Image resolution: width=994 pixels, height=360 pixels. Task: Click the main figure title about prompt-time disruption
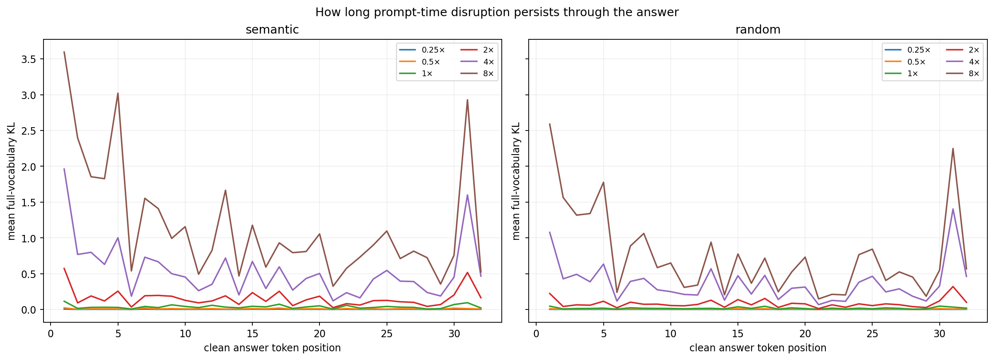[x=497, y=12]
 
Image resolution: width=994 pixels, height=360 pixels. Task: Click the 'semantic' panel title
[x=272, y=30]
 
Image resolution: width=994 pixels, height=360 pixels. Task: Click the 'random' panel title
[x=758, y=30]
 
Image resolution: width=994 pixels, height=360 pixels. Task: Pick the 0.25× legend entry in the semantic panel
[x=422, y=50]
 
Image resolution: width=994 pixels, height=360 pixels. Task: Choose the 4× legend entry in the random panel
[x=963, y=62]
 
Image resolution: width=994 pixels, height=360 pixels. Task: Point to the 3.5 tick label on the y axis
[x=29, y=59]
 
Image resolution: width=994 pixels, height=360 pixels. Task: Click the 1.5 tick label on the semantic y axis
[x=29, y=203]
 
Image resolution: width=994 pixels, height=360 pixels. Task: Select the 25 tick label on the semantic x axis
[x=387, y=334]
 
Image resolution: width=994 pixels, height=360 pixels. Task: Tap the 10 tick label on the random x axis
[x=670, y=334]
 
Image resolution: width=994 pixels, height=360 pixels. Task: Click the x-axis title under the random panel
[x=758, y=348]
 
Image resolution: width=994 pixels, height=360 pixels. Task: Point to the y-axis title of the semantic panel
[x=12, y=181]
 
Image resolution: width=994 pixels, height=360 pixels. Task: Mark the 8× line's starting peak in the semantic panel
[x=64, y=52]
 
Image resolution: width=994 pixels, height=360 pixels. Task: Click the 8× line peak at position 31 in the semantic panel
[x=467, y=100]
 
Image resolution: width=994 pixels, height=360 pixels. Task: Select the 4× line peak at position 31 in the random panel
[x=953, y=209]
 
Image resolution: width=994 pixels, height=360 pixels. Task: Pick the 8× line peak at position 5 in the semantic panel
[x=118, y=93]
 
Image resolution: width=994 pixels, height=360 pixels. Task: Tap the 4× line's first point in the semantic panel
[x=64, y=169]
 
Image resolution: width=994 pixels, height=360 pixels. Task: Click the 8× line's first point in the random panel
[x=550, y=124]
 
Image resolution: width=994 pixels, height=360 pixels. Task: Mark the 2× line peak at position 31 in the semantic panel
[x=467, y=273]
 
